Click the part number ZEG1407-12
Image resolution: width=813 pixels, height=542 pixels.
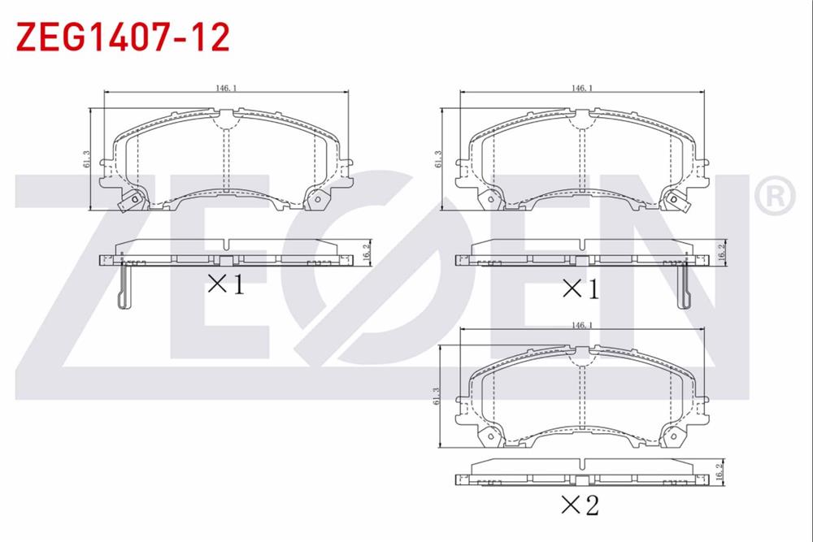[123, 37]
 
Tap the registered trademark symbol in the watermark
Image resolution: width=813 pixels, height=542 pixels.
[775, 196]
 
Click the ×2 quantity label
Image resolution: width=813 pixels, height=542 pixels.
[580, 505]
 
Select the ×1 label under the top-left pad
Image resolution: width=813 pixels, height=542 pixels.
[226, 284]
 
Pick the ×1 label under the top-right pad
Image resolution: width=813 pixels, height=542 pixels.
[580, 289]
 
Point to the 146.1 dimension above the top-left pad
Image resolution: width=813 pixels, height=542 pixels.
[227, 88]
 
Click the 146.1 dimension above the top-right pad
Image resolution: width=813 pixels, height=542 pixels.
[582, 88]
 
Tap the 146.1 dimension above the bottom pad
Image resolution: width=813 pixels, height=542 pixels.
[582, 325]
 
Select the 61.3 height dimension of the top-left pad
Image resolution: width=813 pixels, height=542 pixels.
[86, 159]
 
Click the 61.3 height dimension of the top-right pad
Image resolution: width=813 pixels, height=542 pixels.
[437, 159]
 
